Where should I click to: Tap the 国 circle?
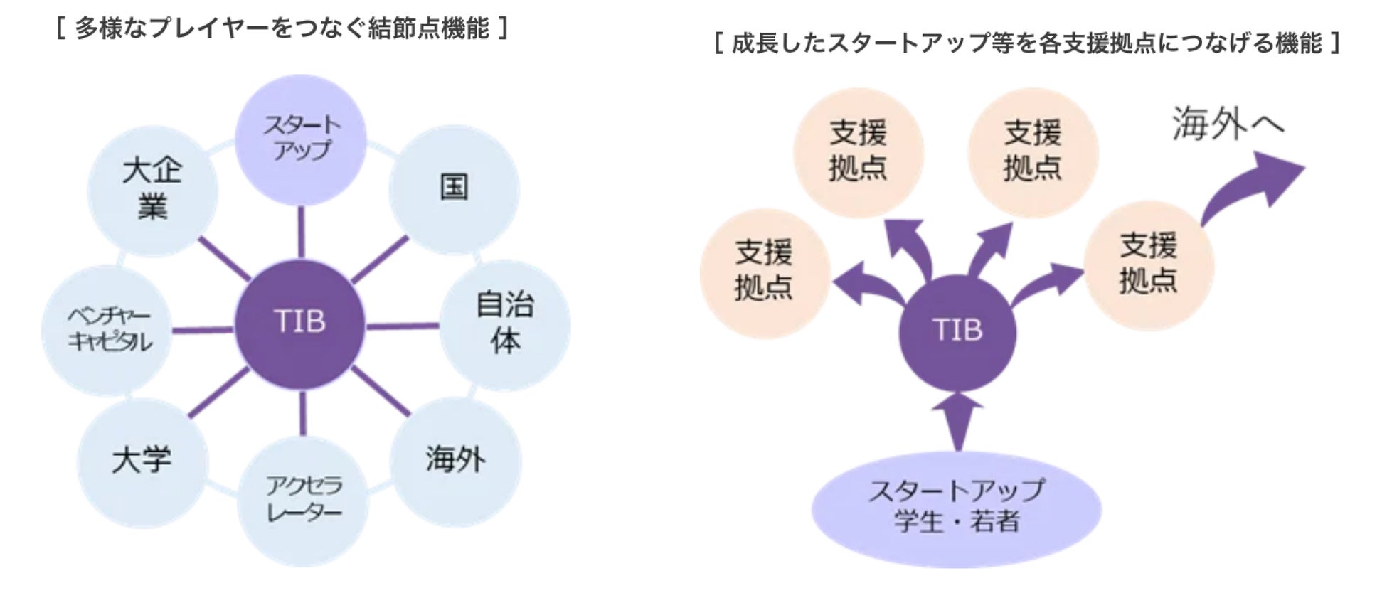click(454, 188)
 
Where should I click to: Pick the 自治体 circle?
click(505, 324)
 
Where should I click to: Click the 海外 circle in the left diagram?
click(455, 461)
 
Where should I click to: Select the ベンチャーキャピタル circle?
click(108, 330)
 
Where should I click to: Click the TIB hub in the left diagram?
click(300, 324)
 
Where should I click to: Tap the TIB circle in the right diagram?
click(957, 332)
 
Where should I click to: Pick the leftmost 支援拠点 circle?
click(765, 272)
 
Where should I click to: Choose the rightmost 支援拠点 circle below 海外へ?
click(1149, 265)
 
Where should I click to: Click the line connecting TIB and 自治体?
click(403, 326)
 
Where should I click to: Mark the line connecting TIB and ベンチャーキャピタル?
click(203, 330)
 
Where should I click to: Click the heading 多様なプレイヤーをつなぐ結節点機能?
click(282, 28)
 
